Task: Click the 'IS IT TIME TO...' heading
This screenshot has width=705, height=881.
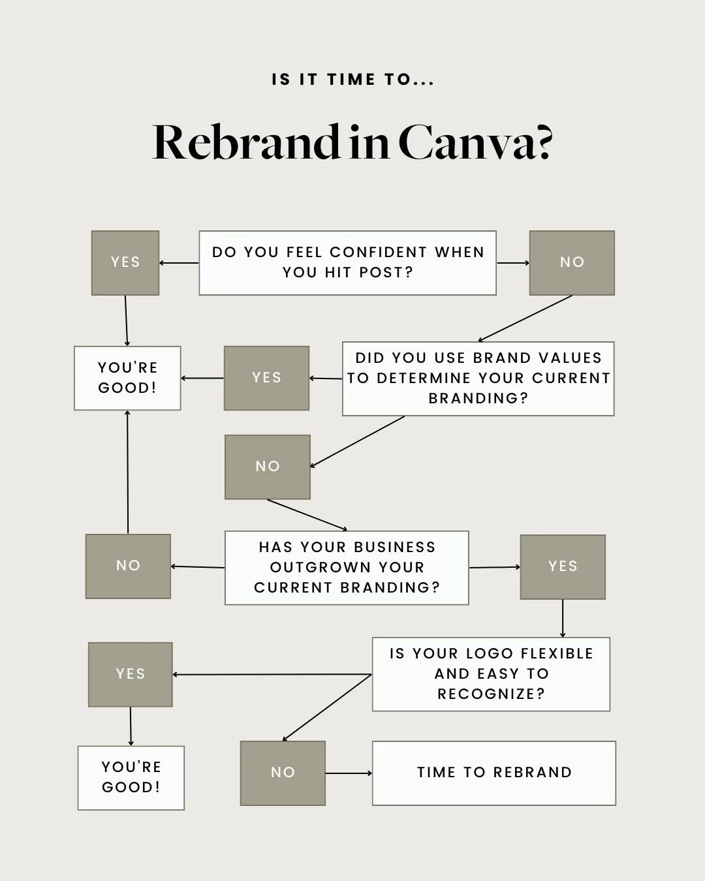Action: tap(352, 80)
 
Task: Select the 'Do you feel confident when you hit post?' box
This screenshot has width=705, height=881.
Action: tap(348, 263)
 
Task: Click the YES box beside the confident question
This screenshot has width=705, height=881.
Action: tap(125, 263)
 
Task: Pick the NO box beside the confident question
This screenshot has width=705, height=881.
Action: tap(572, 263)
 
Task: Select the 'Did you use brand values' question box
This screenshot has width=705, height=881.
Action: tap(478, 379)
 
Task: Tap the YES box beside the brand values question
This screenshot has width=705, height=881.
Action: tap(267, 379)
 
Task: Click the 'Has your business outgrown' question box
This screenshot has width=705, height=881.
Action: tap(347, 568)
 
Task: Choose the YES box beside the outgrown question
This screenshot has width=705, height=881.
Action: tap(563, 567)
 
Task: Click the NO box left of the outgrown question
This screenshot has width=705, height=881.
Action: tap(128, 566)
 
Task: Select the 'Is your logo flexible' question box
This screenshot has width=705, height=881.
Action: tap(491, 674)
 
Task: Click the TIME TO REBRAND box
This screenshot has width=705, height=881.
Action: tap(494, 773)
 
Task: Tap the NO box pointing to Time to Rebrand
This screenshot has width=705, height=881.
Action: tap(283, 773)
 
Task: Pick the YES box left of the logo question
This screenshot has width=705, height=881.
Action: tap(131, 675)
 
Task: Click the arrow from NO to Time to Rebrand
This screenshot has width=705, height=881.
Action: tap(349, 773)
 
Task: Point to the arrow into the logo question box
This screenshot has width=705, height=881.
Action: tap(563, 619)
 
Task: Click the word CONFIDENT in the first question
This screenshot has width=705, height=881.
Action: tap(379, 252)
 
